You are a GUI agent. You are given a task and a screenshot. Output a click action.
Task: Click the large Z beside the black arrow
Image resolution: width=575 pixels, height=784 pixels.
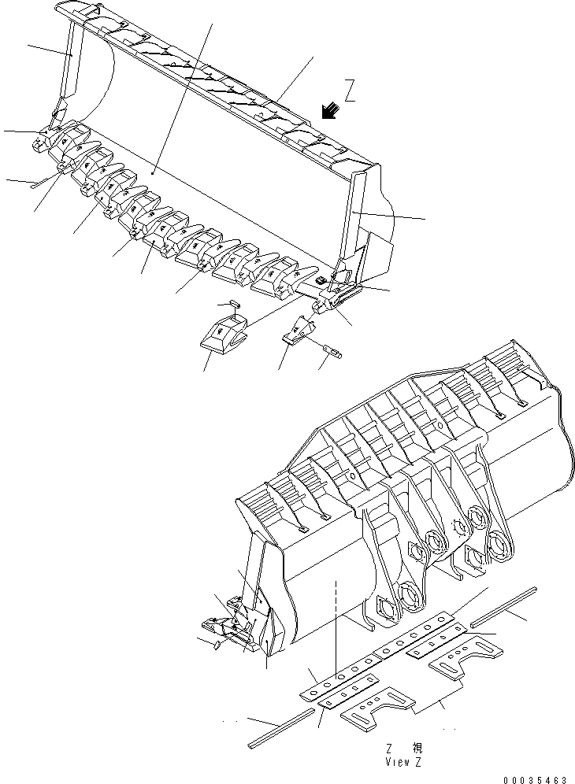click(x=351, y=92)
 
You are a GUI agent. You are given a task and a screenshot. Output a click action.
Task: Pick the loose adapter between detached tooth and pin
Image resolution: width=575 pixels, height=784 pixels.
click(x=299, y=330)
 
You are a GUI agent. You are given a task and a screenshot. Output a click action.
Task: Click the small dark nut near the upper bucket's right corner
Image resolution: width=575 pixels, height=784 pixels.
click(x=320, y=281)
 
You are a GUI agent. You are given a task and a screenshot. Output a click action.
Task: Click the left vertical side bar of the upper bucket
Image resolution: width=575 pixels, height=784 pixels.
click(x=67, y=67)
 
